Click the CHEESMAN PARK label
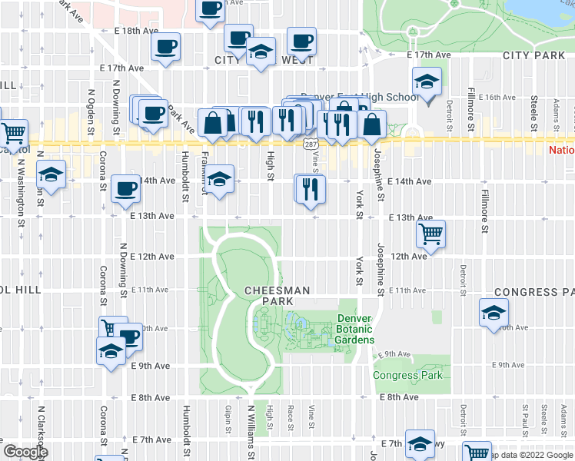[277, 296]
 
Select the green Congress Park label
[407, 376]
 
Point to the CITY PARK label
[534, 56]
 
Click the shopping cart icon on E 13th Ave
[431, 234]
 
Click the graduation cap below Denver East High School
[425, 83]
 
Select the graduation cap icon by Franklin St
[221, 181]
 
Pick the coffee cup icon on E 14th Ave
[125, 189]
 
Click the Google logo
[25, 452]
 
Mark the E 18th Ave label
[135, 31]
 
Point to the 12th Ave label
[409, 256]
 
